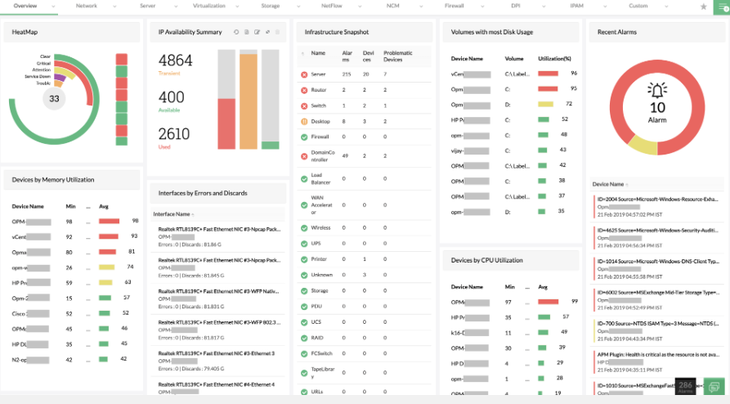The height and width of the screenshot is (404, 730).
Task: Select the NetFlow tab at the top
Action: (x=331, y=6)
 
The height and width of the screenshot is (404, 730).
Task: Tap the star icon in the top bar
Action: (x=704, y=7)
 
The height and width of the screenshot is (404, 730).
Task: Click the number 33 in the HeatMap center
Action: (x=54, y=99)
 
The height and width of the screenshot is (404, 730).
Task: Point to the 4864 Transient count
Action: (x=175, y=61)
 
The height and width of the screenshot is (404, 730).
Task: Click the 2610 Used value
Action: (x=174, y=134)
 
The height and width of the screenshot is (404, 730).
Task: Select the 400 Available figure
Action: (x=172, y=97)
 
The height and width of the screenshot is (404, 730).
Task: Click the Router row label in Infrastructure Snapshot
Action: (x=318, y=90)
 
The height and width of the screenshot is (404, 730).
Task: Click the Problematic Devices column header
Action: (x=397, y=56)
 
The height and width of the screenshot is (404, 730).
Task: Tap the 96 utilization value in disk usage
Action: (x=574, y=73)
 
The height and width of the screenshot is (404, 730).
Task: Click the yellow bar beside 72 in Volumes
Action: (x=545, y=104)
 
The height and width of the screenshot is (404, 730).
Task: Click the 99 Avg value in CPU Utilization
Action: (x=574, y=301)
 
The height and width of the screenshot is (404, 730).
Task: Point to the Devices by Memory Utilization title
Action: (x=53, y=179)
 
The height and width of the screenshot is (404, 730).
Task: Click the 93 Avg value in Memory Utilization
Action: (x=134, y=236)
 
